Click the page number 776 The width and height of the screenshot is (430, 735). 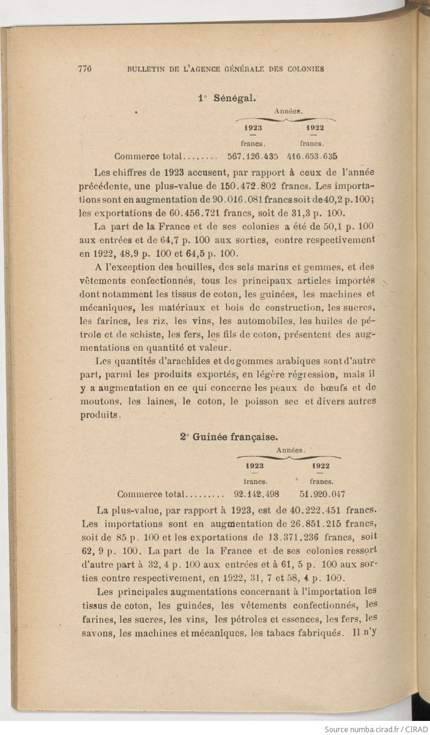click(84, 69)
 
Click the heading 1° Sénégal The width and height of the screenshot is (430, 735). click(227, 98)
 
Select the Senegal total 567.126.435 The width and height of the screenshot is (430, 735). click(253, 156)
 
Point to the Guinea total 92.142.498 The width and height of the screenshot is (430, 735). click(257, 494)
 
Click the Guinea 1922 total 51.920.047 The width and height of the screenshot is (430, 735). click(322, 494)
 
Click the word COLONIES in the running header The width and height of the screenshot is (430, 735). click(306, 69)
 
